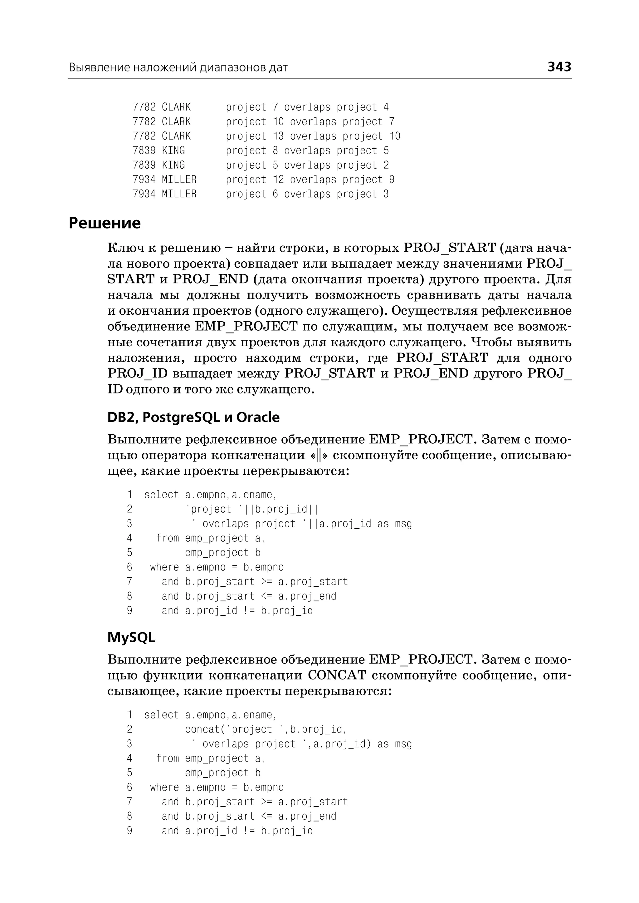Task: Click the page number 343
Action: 559,67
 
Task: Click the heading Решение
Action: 104,223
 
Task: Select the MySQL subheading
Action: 131,637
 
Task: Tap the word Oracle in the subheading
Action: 258,417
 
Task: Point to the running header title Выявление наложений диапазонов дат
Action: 178,67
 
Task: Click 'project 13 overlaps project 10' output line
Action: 313,136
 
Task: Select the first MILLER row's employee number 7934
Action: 144,180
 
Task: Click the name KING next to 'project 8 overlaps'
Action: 173,150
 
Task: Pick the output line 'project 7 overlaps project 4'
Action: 307,107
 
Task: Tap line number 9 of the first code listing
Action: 129,611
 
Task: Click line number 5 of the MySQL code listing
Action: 129,773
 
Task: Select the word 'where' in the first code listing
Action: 164,567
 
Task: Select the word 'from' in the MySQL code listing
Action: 167,758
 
